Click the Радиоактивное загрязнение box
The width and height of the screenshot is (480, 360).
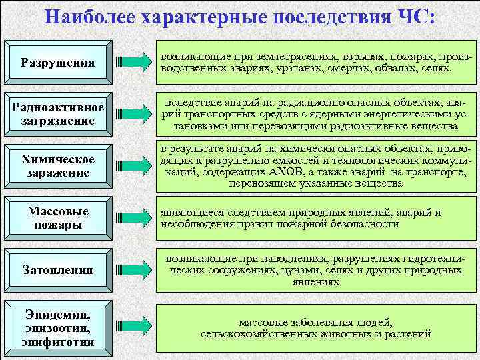coord(57,114)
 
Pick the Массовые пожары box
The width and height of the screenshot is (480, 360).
coord(57,218)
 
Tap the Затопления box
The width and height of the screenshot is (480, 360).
coord(57,270)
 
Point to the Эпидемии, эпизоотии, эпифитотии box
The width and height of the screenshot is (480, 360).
coord(57,327)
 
